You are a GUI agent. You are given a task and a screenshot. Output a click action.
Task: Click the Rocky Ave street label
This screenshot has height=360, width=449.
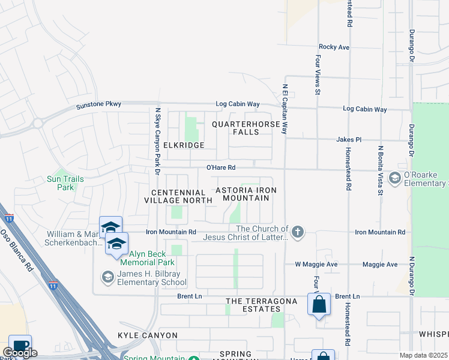pyautogui.click(x=334, y=47)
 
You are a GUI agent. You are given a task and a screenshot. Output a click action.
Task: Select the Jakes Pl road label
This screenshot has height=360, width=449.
pyautogui.click(x=349, y=139)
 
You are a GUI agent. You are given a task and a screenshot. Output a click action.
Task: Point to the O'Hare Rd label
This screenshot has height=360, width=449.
pyautogui.click(x=221, y=168)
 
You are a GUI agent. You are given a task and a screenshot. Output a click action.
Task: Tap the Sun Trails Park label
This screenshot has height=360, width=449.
pyautogui.click(x=61, y=183)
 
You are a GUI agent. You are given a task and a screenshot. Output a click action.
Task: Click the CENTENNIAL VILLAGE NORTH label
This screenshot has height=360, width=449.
pyautogui.click(x=178, y=195)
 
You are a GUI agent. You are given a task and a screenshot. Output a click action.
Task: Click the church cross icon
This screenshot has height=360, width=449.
pyautogui.click(x=297, y=232)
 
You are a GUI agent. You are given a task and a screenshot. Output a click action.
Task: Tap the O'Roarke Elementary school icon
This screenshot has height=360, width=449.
pyautogui.click(x=395, y=178)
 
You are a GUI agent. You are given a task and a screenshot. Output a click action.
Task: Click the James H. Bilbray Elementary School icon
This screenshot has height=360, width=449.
pyautogui.click(x=107, y=277)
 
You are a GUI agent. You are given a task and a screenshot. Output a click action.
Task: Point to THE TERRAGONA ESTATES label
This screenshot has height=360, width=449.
pyautogui.click(x=253, y=305)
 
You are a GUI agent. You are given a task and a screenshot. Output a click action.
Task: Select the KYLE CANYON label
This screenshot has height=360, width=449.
pyautogui.click(x=139, y=335)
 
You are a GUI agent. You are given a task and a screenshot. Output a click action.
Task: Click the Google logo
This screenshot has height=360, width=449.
pyautogui.click(x=20, y=353)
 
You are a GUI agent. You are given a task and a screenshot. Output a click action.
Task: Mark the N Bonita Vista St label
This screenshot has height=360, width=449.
pyautogui.click(x=381, y=171)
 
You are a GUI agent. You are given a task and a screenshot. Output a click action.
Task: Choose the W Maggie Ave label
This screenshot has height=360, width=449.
pyautogui.click(x=316, y=265)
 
